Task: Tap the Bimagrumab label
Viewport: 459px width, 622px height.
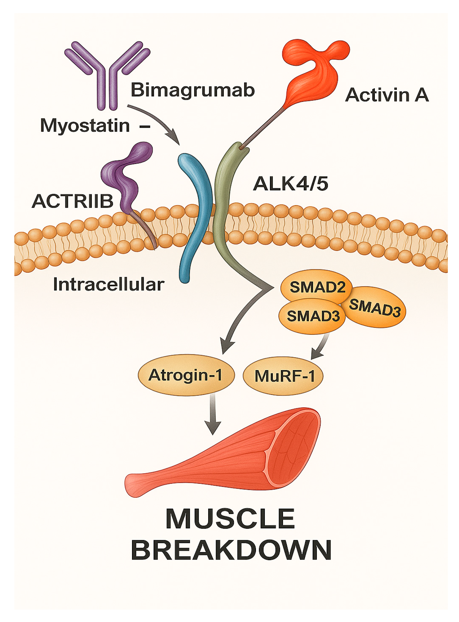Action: tap(193, 90)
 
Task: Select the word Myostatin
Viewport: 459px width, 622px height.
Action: tap(85, 125)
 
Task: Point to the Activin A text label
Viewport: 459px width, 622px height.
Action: tap(387, 95)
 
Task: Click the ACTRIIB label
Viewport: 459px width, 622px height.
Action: tap(73, 201)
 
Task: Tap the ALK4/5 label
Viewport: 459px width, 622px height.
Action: tap(290, 184)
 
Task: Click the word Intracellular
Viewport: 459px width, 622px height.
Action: tap(109, 284)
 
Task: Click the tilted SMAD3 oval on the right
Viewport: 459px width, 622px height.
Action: tap(375, 308)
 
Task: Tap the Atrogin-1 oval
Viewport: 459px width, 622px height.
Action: tap(186, 375)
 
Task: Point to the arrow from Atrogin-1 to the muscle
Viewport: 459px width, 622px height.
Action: tap(213, 414)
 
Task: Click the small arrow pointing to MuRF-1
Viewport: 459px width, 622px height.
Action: tap(320, 347)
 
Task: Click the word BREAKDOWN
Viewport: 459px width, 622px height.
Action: tap(231, 550)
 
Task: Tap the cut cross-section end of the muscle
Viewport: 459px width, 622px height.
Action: tap(293, 446)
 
